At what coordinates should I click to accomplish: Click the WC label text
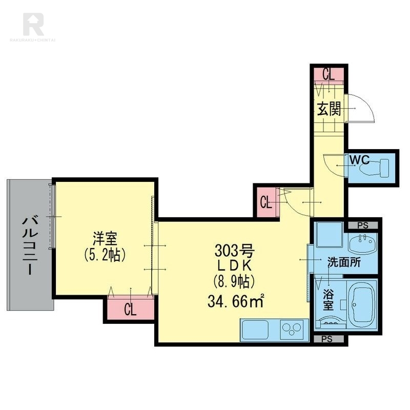(x=359, y=159)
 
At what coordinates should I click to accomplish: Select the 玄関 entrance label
(x=329, y=109)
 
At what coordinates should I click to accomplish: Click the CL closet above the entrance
(x=328, y=75)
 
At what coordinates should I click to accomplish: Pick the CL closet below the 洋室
(x=131, y=309)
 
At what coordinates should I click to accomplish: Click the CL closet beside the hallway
(x=265, y=202)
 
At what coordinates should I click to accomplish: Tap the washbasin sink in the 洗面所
(x=363, y=240)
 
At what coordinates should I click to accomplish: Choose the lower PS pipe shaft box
(x=327, y=339)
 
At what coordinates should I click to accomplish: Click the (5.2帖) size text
(x=105, y=254)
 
